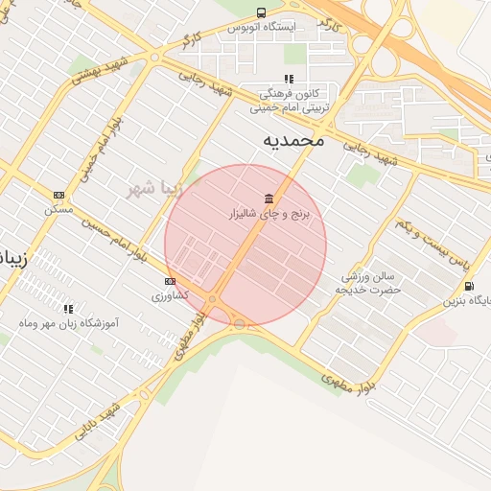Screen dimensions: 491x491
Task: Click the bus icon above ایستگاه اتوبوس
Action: (x=262, y=12)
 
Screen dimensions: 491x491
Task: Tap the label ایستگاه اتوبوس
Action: (x=262, y=28)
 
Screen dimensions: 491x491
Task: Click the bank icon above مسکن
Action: (x=58, y=194)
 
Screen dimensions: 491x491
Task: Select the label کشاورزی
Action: (x=171, y=296)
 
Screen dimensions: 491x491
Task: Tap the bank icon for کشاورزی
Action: (x=171, y=281)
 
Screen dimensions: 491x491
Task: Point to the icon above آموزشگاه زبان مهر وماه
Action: (x=68, y=309)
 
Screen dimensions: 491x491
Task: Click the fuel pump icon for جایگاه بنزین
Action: (x=467, y=286)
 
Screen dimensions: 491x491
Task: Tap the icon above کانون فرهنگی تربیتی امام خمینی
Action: (x=288, y=80)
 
